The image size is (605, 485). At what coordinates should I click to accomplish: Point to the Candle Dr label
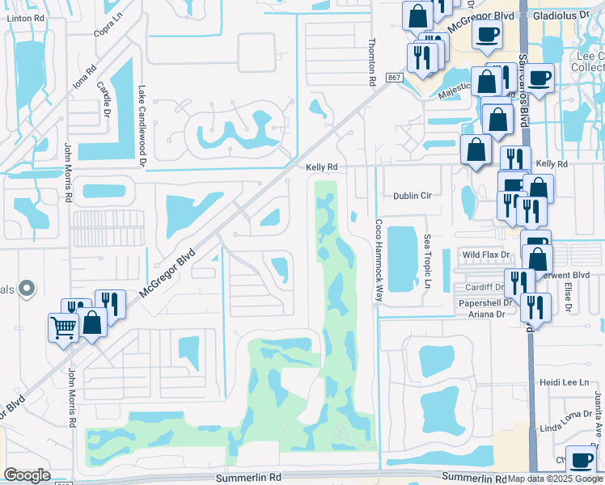103,97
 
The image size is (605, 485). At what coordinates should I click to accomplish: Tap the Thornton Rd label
372,63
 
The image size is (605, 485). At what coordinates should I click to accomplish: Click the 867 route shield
394,77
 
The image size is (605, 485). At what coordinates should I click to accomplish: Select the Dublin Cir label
413,196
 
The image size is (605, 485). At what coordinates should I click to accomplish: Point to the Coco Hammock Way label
378,260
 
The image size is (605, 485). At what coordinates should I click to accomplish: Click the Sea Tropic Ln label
427,262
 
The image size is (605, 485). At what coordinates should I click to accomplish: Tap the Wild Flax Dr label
485,255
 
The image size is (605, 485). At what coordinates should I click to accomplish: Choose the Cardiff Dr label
484,287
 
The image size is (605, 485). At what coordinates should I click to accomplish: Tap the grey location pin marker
27,287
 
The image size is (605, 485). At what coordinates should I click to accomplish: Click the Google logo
27,475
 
